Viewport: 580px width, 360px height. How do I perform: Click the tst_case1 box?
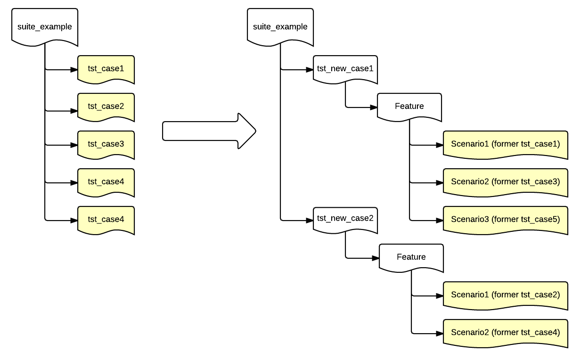pyautogui.click(x=106, y=69)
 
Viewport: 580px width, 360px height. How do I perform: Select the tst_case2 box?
pyautogui.click(x=106, y=106)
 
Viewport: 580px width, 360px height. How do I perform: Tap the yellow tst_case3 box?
pyautogui.click(x=106, y=144)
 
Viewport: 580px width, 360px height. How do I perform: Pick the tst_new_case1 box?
pyautogui.click(x=345, y=69)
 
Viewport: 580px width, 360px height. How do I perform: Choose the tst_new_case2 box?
pyautogui.click(x=345, y=219)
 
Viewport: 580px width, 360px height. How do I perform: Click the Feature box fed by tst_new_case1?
pyautogui.click(x=409, y=106)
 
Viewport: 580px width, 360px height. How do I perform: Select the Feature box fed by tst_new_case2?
pyautogui.click(x=411, y=257)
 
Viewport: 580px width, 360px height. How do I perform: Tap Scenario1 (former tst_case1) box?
pyautogui.click(x=505, y=144)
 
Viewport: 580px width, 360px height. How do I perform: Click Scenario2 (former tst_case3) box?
pyautogui.click(x=505, y=181)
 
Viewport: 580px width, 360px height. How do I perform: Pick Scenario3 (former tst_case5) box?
pyautogui.click(x=505, y=219)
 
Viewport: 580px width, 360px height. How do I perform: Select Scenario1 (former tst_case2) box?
pyautogui.click(x=505, y=295)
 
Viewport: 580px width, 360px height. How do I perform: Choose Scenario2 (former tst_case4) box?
pyautogui.click(x=505, y=332)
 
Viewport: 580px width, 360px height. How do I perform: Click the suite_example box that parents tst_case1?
pyautogui.click(x=44, y=26)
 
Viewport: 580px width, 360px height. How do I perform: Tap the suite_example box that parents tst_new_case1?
pyautogui.click(x=280, y=26)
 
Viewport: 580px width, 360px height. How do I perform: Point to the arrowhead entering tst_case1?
pyautogui.click(x=74, y=70)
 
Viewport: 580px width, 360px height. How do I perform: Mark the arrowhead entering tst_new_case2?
pyautogui.click(x=310, y=220)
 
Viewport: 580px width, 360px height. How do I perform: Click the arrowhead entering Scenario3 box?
pyautogui.click(x=439, y=220)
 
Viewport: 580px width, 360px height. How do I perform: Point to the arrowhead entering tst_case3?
pyautogui.click(x=74, y=145)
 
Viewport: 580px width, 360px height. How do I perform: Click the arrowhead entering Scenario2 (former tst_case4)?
pyautogui.click(x=439, y=333)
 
